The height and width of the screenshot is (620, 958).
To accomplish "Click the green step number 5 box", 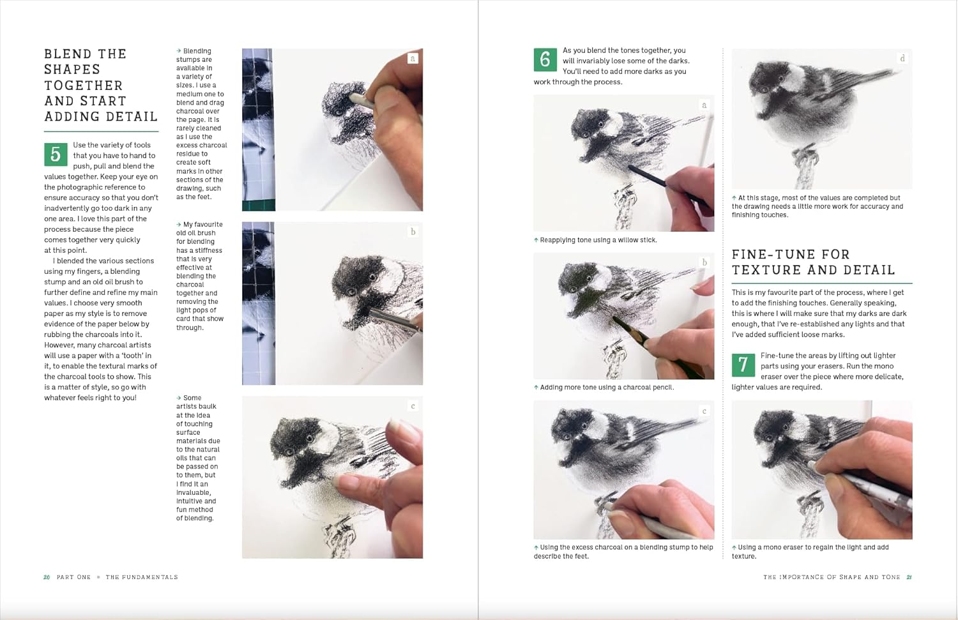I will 56,155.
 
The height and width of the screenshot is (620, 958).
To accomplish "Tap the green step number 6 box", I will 545,59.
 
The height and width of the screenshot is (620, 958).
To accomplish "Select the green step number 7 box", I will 743,365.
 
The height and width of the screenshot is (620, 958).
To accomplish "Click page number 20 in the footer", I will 47,577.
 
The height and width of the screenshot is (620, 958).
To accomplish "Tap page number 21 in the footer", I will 909,577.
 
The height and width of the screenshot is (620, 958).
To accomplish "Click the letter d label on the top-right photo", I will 902,59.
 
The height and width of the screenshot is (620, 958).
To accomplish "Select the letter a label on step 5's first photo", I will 413,59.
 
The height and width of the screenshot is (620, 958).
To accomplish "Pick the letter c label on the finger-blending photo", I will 413,406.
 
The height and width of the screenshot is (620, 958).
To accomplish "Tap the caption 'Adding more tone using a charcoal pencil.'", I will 606,388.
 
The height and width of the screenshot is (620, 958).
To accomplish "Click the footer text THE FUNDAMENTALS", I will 142,577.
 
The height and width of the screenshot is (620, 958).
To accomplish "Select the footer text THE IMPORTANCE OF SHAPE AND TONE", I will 832,577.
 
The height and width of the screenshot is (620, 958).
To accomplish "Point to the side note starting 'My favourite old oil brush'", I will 199,276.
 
